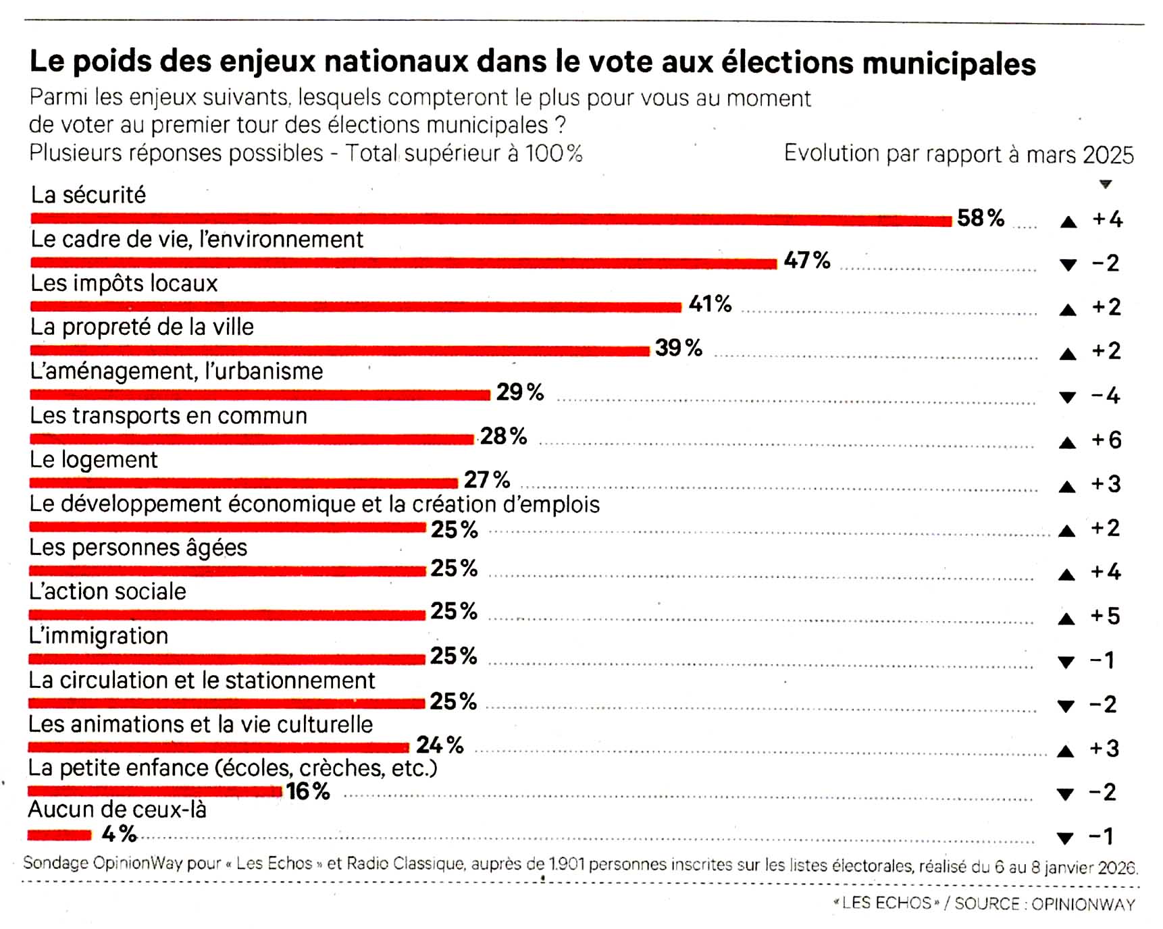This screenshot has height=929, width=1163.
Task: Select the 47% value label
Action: [807, 261]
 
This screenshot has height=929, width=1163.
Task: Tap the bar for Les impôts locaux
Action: [356, 307]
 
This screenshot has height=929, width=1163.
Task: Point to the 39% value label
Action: [678, 348]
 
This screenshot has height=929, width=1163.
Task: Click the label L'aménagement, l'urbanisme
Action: [177, 371]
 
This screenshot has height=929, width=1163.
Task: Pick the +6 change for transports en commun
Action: [1106, 440]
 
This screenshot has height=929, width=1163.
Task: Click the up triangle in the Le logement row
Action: [1067, 486]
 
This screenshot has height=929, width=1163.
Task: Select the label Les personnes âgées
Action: [138, 548]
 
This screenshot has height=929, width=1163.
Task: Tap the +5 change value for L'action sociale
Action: [1105, 616]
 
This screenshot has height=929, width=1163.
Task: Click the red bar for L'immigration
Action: [227, 659]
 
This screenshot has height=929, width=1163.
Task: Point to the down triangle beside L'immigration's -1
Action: [1066, 662]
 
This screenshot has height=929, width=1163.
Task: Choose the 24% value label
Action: [440, 745]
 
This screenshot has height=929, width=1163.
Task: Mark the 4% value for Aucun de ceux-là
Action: [119, 834]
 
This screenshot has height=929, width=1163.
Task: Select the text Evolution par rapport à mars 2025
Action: [958, 154]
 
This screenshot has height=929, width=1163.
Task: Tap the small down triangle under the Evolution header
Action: [1106, 184]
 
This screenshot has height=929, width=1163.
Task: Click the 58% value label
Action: [981, 218]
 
